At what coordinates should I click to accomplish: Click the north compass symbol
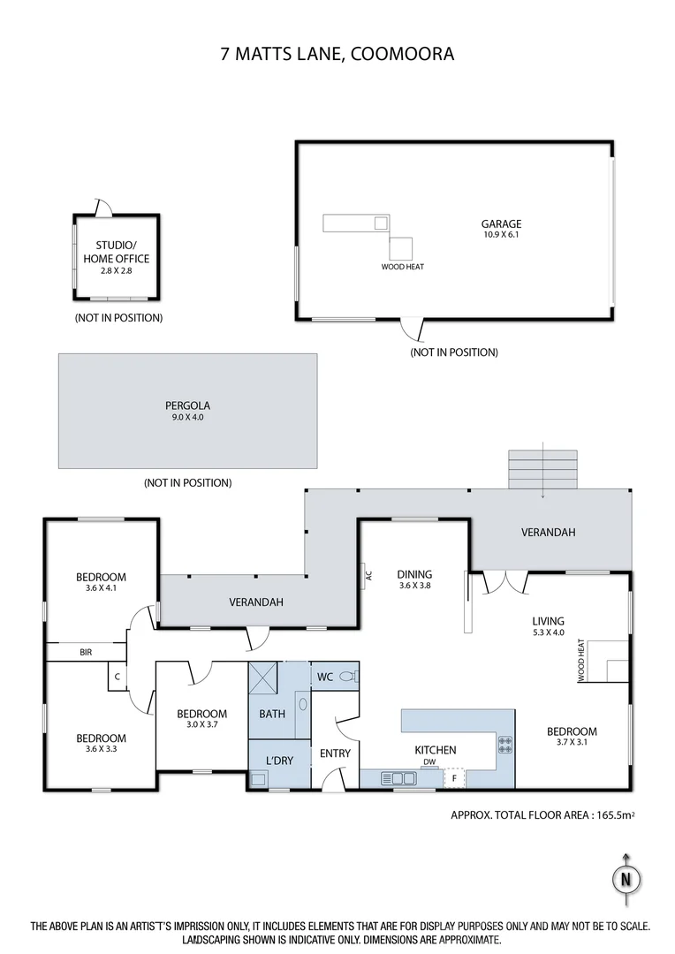[x=626, y=879]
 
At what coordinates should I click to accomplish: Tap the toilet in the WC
[x=352, y=677]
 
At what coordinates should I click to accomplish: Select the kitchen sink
[x=399, y=778]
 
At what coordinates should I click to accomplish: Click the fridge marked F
[x=454, y=778]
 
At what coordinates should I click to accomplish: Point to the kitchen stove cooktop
[x=506, y=745]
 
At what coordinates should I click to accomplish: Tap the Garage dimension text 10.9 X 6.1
[x=501, y=236]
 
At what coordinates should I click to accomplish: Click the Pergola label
[x=187, y=406]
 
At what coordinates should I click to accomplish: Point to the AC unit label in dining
[x=368, y=576]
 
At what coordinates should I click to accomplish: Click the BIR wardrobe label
[x=86, y=652]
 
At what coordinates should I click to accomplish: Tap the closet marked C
[x=118, y=678]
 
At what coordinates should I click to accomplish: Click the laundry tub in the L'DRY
[x=259, y=779]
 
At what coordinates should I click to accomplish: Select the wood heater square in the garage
[x=402, y=248]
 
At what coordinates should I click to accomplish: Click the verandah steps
[x=542, y=469]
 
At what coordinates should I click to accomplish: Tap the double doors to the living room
[x=504, y=583]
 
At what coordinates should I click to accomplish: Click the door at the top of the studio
[x=102, y=208]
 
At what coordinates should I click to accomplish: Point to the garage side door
[x=411, y=329]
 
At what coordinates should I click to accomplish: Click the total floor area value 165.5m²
[x=611, y=816]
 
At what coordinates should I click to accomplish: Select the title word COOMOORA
[x=403, y=54]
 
